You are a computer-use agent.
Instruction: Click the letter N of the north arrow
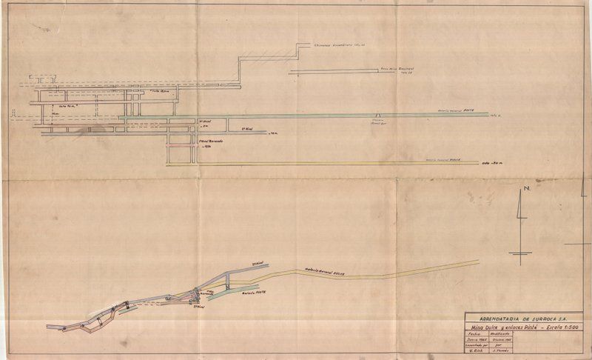pos(525,190)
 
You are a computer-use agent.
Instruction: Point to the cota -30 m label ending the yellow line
pos(491,161)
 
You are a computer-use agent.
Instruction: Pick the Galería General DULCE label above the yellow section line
pos(444,159)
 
